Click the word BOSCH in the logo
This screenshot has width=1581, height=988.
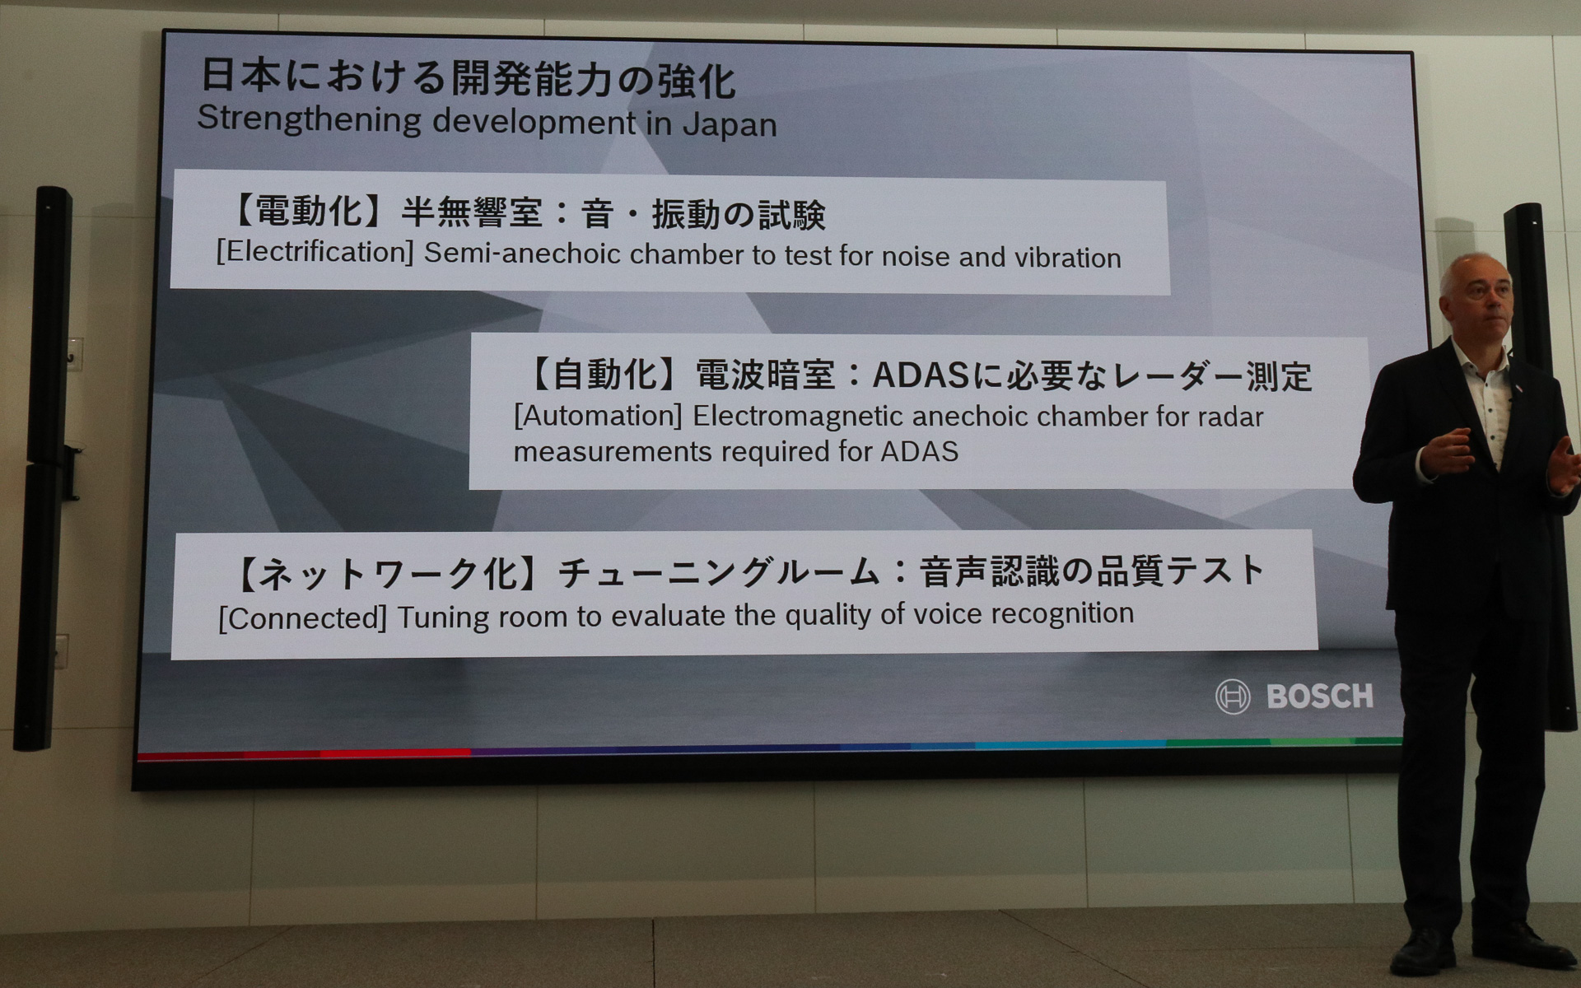tap(1319, 697)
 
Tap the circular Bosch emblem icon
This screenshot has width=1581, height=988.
tap(1233, 697)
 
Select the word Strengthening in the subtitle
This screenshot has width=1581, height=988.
tap(309, 119)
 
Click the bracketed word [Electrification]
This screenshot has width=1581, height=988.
tap(315, 252)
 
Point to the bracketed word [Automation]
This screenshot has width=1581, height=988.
tap(598, 416)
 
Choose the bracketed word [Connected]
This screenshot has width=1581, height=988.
tap(302, 618)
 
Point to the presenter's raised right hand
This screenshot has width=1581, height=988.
tap(1449, 451)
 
